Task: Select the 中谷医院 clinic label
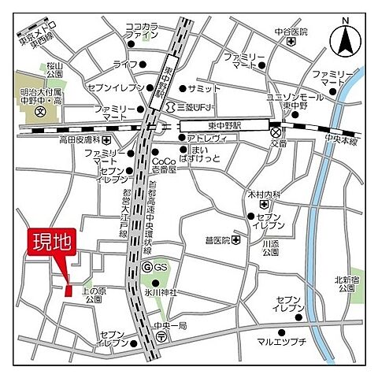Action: coord(291,32)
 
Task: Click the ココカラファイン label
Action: coord(143,30)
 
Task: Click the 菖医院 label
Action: coord(217,240)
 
